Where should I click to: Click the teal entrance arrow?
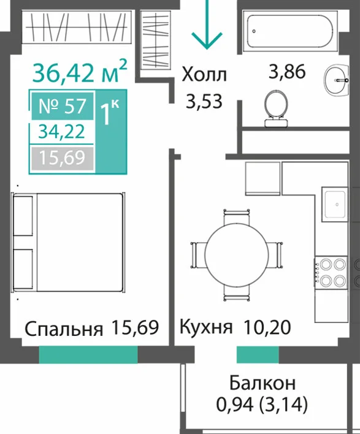click(207, 25)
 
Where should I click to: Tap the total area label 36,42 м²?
click(80, 71)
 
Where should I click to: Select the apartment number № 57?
click(63, 106)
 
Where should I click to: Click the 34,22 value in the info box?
click(61, 131)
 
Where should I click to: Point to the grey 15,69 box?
click(63, 158)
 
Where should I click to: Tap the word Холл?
click(204, 75)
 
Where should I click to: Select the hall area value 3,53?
click(204, 101)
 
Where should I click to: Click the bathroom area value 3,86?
click(287, 71)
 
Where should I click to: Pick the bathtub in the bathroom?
click(290, 31)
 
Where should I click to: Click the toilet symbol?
click(276, 108)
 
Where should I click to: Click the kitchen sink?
click(334, 205)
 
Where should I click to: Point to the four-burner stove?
click(331, 273)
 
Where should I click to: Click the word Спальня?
click(64, 329)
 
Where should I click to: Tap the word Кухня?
click(205, 327)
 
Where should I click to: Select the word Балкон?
click(262, 383)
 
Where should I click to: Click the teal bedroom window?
click(88, 354)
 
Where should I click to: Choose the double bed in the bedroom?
click(68, 242)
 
